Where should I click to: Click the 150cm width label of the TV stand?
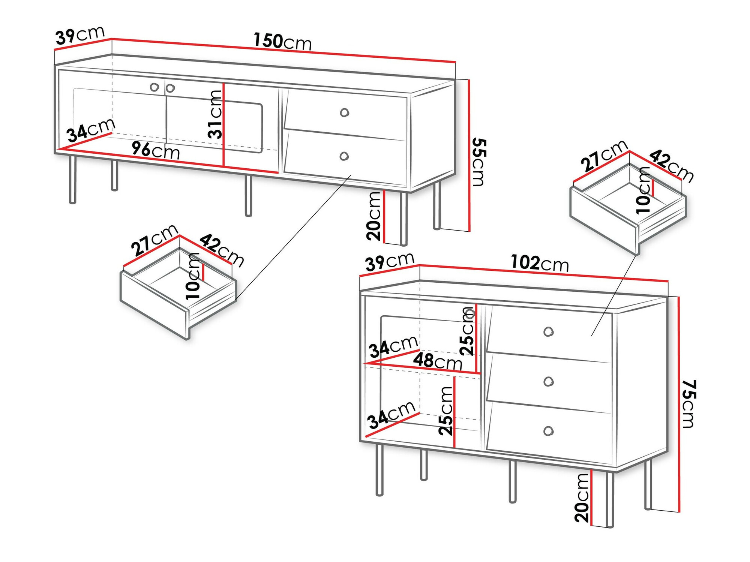[x=282, y=41]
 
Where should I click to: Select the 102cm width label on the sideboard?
[x=540, y=263]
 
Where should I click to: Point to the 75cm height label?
[x=688, y=404]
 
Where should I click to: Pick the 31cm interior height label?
[x=216, y=114]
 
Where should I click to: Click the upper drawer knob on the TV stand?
[x=344, y=112]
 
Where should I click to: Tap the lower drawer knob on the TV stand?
[x=344, y=156]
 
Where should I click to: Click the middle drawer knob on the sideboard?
[x=548, y=382]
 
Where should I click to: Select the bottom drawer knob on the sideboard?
[x=548, y=431]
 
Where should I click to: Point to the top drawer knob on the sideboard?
[x=548, y=332]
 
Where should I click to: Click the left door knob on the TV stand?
[x=154, y=87]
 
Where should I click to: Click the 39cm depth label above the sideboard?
[x=390, y=261]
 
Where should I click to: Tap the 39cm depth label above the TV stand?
[x=80, y=36]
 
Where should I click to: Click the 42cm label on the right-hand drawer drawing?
[x=672, y=165]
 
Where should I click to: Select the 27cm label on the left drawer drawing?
[x=154, y=240]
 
